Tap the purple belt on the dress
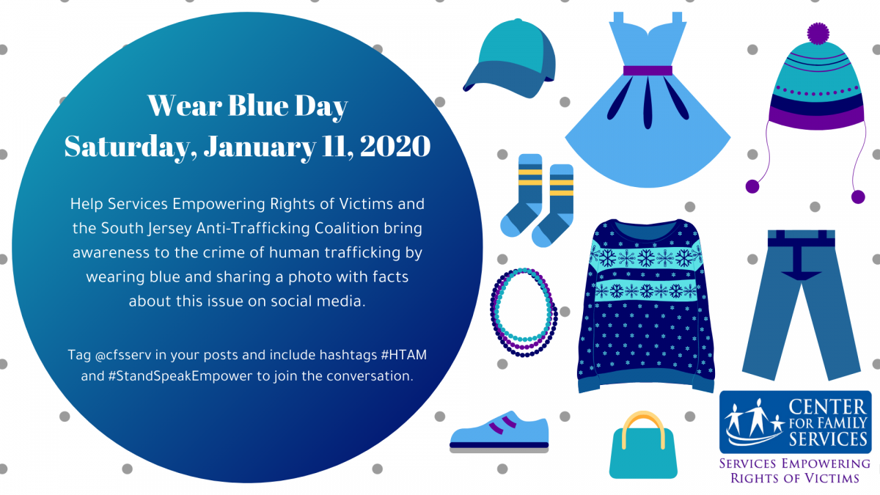point(648,70)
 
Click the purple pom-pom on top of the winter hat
point(818,33)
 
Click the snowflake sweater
point(646,306)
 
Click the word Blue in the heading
point(258,106)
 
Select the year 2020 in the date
point(395,146)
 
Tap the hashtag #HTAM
point(404,355)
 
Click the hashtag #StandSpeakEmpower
point(180,376)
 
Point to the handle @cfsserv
point(123,355)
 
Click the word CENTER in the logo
point(827,407)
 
